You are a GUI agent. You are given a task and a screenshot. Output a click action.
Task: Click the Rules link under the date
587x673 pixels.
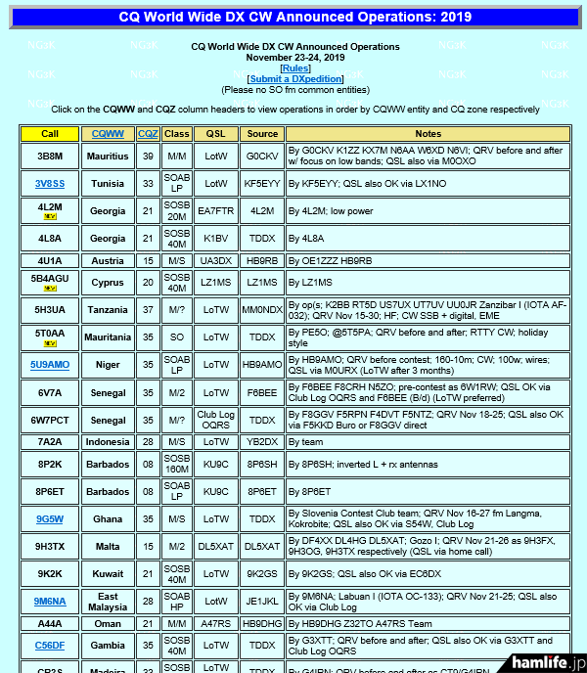[294, 67]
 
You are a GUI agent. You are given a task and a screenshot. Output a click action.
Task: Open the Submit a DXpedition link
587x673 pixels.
[294, 78]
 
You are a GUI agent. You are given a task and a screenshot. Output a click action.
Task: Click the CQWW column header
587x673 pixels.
[108, 133]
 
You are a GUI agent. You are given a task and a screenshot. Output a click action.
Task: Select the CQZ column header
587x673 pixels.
[148, 133]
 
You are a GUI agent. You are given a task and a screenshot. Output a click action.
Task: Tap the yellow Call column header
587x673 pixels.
[50, 133]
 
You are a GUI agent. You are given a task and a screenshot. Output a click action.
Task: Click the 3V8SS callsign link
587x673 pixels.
[50, 183]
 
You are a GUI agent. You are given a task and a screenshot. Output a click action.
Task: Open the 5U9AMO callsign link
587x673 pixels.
[50, 364]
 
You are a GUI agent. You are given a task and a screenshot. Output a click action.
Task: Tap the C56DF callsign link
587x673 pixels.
[50, 645]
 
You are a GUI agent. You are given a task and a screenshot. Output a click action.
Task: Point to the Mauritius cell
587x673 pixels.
[108, 156]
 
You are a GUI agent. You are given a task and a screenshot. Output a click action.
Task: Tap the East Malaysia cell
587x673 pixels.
[108, 602]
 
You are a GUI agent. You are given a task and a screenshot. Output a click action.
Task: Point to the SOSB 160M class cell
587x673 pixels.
[177, 464]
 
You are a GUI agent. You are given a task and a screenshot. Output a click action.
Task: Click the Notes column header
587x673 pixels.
[429, 133]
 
